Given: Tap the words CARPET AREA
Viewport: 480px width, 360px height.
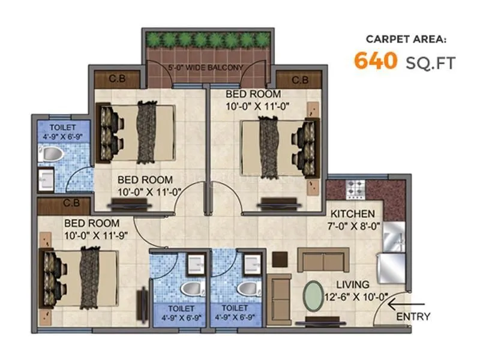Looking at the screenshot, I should pos(406,40).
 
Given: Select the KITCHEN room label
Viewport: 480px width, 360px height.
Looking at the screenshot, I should pos(353,214).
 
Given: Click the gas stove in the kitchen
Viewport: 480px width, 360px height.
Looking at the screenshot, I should pos(354,188).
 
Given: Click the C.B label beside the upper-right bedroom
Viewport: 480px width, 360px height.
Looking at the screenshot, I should pos(300,80).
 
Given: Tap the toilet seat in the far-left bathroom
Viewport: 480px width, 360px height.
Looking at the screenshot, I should pos(51,154).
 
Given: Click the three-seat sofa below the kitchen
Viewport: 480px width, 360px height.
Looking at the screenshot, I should pos(323,262).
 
